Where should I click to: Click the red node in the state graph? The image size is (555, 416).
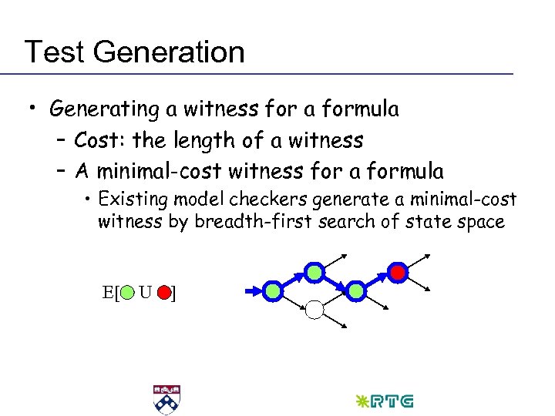pyautogui.click(x=397, y=271)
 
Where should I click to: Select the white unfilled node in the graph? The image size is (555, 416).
pyautogui.click(x=314, y=310)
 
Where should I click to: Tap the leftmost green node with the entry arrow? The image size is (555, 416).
pyautogui.click(x=273, y=290)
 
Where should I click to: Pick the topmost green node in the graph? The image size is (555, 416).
pyautogui.click(x=314, y=271)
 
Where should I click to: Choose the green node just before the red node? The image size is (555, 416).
pyautogui.click(x=355, y=290)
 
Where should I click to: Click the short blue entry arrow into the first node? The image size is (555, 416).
pyautogui.click(x=252, y=291)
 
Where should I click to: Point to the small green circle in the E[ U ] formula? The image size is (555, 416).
pyautogui.click(x=128, y=293)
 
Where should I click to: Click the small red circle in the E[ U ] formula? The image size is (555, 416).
pyautogui.click(x=163, y=293)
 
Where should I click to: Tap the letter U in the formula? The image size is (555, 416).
pyautogui.click(x=145, y=293)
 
